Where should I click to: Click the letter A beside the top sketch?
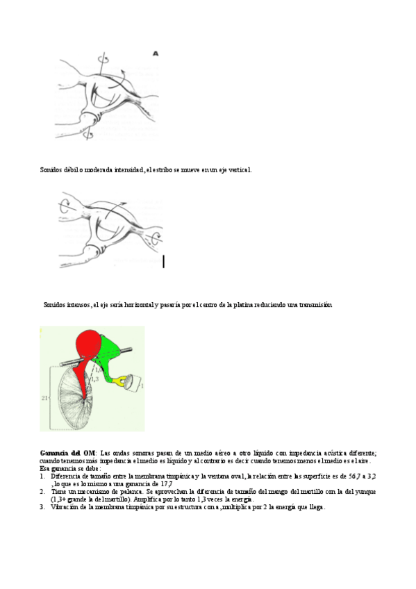(156, 52)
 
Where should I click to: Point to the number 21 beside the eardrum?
(44, 397)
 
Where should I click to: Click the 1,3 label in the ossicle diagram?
(94, 379)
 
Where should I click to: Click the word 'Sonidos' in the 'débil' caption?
(51, 169)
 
